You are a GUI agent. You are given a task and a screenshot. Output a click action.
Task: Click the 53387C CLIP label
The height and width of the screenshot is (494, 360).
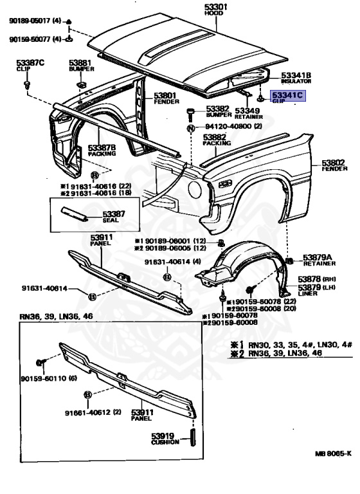(30, 66)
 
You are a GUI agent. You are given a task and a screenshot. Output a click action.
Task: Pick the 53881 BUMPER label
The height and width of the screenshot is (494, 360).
(80, 66)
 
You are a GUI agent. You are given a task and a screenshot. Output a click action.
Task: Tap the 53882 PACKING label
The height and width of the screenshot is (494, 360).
(217, 140)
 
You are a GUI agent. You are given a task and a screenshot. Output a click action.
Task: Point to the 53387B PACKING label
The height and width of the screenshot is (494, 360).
(102, 151)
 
